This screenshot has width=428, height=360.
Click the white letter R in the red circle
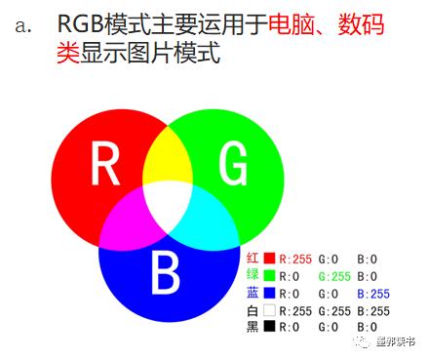click(x=106, y=162)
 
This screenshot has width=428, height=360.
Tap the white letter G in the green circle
click(x=232, y=162)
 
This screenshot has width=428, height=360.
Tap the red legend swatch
click(x=270, y=258)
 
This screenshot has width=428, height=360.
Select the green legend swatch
click(x=270, y=275)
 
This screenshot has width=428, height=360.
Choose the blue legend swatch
click(x=270, y=293)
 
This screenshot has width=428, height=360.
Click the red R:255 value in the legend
click(x=296, y=259)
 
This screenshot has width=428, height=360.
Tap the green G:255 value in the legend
click(x=334, y=276)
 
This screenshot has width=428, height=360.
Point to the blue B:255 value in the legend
click(x=372, y=293)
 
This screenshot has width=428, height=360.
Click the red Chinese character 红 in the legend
click(x=253, y=258)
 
